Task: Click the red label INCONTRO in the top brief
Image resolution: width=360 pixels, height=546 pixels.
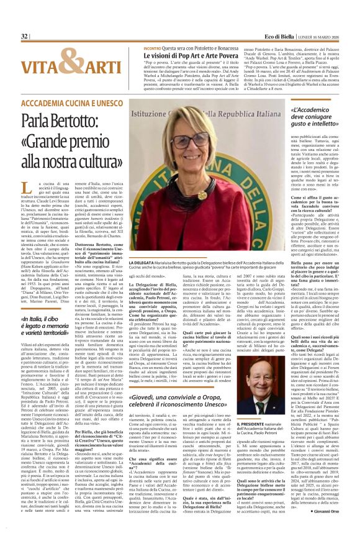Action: pyautogui.click(x=153, y=48)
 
